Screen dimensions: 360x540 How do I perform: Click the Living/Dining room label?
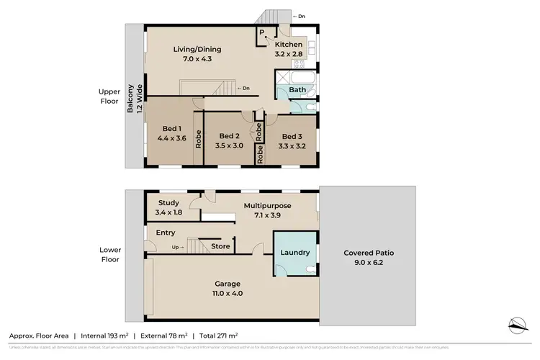pyautogui.click(x=197, y=54)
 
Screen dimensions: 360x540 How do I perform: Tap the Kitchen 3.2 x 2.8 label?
pyautogui.click(x=289, y=49)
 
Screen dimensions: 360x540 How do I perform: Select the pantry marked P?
pyautogui.click(x=261, y=33)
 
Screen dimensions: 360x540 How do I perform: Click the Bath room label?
pyautogui.click(x=297, y=90)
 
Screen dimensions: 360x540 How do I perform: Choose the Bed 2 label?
pyautogui.click(x=229, y=140)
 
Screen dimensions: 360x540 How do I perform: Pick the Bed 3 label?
pyautogui.click(x=292, y=141)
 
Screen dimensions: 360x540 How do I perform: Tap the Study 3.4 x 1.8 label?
pyautogui.click(x=168, y=207)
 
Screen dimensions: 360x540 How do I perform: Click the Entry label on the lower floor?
pyautogui.click(x=165, y=233)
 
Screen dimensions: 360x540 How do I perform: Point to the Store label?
pyautogui.click(x=220, y=246)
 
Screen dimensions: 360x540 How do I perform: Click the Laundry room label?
pyautogui.click(x=295, y=253)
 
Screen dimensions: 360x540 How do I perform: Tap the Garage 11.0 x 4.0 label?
pyautogui.click(x=227, y=288)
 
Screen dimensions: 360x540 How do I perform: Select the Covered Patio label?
pyautogui.click(x=368, y=257)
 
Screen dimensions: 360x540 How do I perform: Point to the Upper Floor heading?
pyautogui.click(x=109, y=96)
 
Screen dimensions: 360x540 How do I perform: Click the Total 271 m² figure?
pyautogui.click(x=220, y=336)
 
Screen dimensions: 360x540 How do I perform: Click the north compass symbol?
pyautogui.click(x=516, y=325)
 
